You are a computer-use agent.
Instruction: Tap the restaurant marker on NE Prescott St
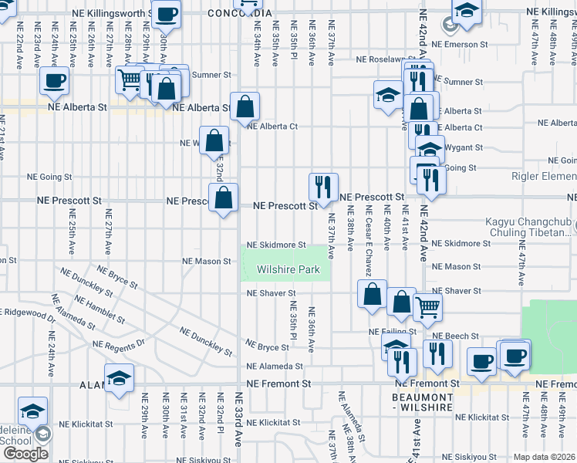[323, 187]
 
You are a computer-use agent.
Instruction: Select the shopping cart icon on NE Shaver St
[427, 306]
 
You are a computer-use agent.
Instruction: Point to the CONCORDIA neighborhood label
[240, 14]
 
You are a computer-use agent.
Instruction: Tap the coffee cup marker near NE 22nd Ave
[54, 81]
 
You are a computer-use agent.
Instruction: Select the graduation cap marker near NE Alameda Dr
[119, 379]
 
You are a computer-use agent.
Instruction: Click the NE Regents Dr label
[119, 343]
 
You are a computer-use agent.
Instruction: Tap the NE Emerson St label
[501, 44]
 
